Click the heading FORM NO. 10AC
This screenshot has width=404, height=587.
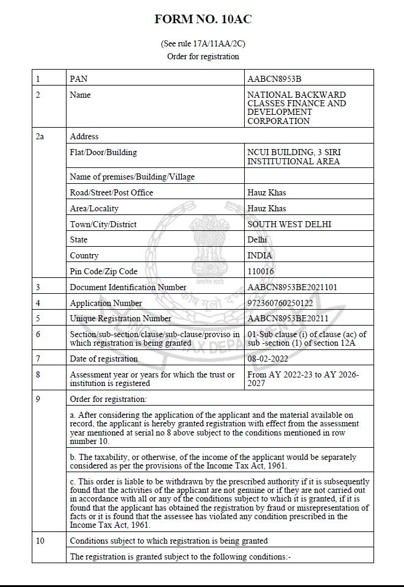[203, 20]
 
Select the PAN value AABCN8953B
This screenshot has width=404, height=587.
[274, 79]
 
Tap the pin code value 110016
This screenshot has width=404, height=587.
[261, 271]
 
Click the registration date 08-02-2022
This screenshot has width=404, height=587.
[267, 359]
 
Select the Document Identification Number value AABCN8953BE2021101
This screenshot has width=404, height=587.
[292, 287]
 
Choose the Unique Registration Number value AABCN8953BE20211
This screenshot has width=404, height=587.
[287, 318]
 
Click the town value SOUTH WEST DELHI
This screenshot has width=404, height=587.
[289, 224]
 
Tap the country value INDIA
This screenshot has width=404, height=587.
[260, 255]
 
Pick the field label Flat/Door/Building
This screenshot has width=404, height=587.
[103, 152]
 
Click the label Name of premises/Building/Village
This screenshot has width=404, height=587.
[132, 177]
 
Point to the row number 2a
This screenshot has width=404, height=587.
[40, 136]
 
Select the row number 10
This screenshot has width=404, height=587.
[40, 541]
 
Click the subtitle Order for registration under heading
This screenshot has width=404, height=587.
[203, 56]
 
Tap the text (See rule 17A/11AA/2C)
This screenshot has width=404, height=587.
[203, 44]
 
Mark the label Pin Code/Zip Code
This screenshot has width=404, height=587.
[104, 271]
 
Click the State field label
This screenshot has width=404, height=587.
[79, 239]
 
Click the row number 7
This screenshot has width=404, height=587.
[38, 359]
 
